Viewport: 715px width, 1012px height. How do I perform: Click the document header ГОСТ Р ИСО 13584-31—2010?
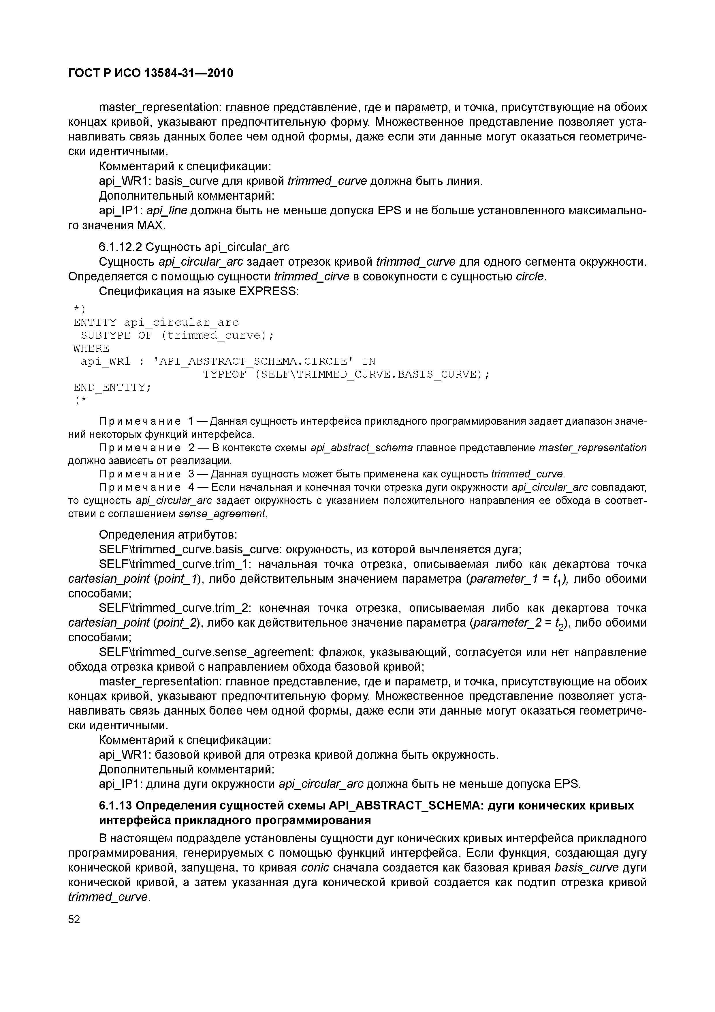[x=151, y=73]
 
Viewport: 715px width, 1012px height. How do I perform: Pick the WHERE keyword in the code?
[x=91, y=349]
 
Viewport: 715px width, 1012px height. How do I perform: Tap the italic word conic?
[x=315, y=868]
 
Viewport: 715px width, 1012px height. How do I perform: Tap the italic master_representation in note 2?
[x=592, y=448]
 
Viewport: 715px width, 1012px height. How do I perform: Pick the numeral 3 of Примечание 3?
[x=191, y=474]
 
